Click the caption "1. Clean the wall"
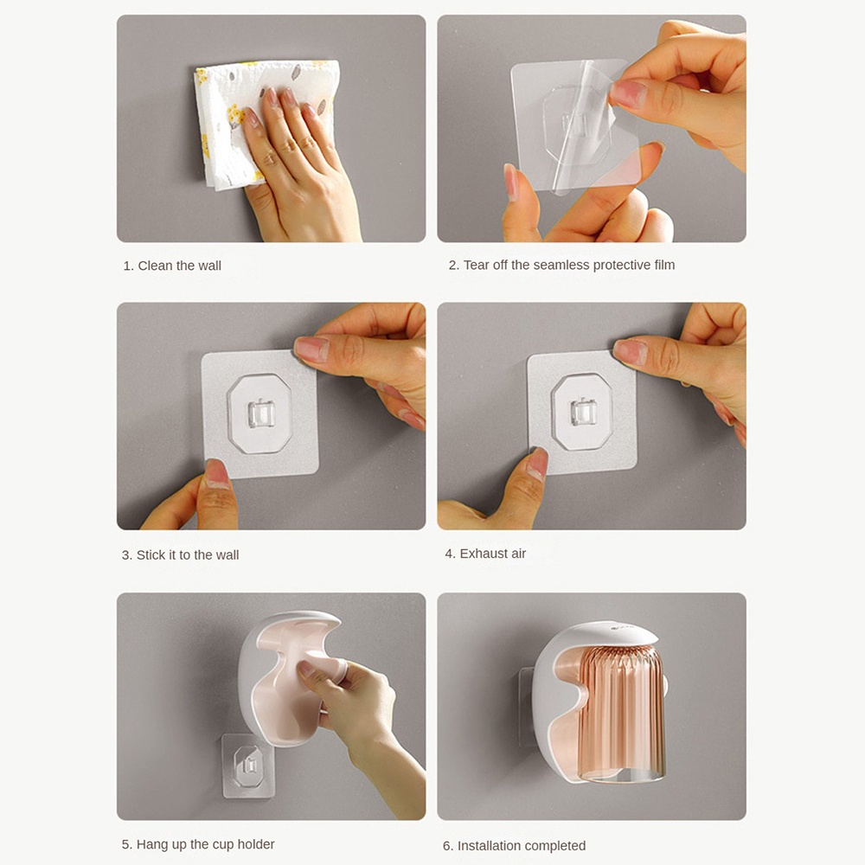tap(171, 266)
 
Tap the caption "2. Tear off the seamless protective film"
tap(561, 266)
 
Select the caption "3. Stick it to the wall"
tap(180, 555)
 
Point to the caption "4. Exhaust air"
tap(485, 554)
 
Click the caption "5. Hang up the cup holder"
tap(198, 844)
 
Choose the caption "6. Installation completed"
tap(514, 846)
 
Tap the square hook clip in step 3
tap(261, 413)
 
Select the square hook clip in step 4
tap(583, 412)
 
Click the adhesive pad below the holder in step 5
tap(248, 766)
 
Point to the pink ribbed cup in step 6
tap(620, 712)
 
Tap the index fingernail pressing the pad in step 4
tap(630, 352)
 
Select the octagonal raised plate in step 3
tap(259, 413)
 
